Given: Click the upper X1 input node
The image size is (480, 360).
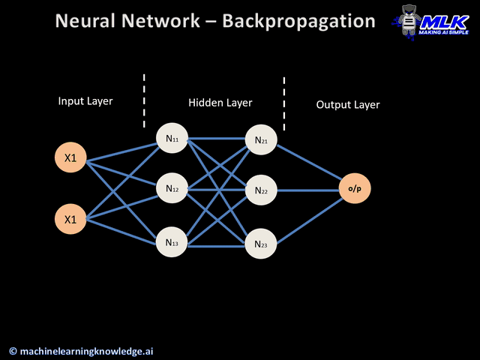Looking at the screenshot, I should [x=70, y=157].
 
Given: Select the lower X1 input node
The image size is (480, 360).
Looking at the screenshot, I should [x=70, y=220].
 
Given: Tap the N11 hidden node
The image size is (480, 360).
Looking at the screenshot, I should [x=172, y=139].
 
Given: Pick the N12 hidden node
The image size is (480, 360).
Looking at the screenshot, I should [x=172, y=189].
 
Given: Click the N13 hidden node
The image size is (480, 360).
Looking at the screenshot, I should [x=172, y=243].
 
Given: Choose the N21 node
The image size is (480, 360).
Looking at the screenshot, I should [x=261, y=139].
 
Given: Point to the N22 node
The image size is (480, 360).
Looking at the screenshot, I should [x=261, y=190].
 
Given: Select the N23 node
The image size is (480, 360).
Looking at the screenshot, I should [x=261, y=244].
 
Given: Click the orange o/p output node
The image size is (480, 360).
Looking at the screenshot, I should [x=354, y=189].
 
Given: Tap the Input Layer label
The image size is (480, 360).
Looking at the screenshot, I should [x=85, y=100].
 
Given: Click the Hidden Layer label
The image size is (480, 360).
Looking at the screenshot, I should [x=220, y=103].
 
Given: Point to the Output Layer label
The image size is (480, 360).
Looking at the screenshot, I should [x=348, y=105].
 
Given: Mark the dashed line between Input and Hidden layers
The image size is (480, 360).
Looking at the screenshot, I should [x=144, y=100].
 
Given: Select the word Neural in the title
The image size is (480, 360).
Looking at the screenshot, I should [x=88, y=21].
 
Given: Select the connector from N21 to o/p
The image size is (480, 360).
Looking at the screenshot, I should [x=309, y=164].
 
